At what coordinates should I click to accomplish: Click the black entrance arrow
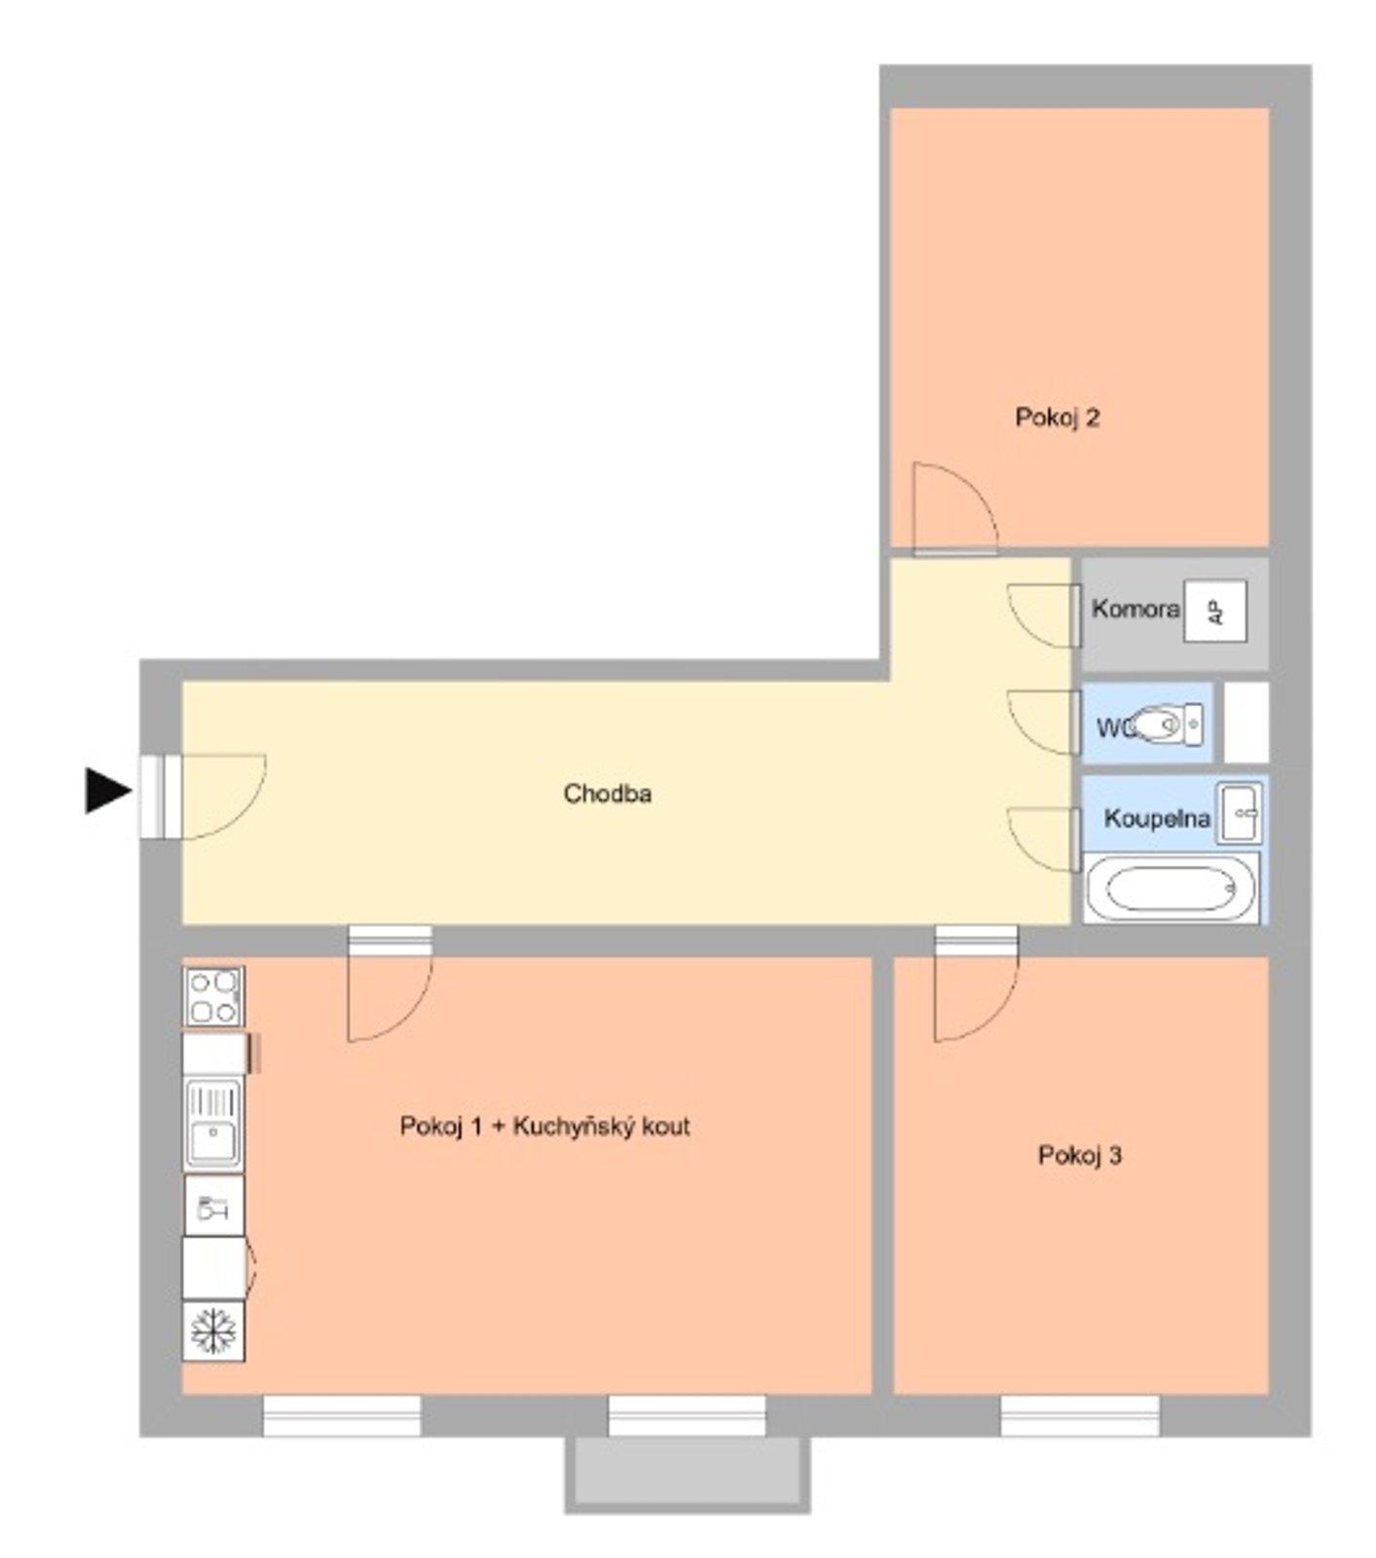coord(108,790)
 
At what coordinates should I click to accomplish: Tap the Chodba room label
coord(608,794)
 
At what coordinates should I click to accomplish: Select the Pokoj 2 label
coord(1058,418)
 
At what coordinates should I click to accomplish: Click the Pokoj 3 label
coord(1080,1156)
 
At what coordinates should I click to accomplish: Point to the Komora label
coord(1134,610)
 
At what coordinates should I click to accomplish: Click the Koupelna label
coord(1156,818)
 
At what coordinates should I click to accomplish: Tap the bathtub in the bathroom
coord(1172,887)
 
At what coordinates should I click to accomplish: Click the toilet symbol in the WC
coord(1170,724)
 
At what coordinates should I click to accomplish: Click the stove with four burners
coord(214,996)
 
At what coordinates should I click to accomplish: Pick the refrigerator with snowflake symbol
coord(214,1331)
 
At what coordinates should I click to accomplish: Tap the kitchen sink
coord(213,1122)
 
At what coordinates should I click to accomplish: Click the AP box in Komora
coord(1214,612)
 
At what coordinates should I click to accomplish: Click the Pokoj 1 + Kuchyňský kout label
coord(544,1127)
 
